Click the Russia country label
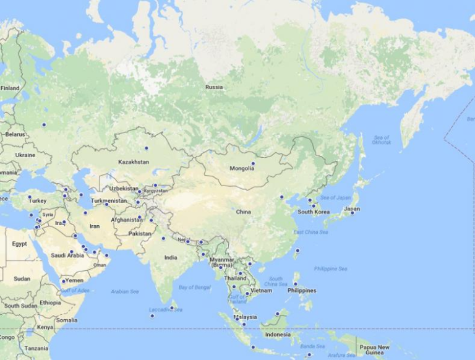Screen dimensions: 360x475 (x=214, y=87)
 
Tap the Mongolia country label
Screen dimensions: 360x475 (x=241, y=168)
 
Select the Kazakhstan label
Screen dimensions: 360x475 (x=134, y=162)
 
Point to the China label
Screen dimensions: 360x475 (x=243, y=212)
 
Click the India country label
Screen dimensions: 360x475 (x=171, y=257)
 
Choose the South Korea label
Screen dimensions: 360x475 (x=313, y=212)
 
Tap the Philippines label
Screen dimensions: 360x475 (x=302, y=291)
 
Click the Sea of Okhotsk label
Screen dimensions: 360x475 (x=381, y=140)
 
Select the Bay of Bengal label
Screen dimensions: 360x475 (x=194, y=287)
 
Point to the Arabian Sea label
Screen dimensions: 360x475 (x=124, y=291)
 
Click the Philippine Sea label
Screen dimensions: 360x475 (x=330, y=268)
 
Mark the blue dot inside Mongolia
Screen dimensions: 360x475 (x=253, y=163)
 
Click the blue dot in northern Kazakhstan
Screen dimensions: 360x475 (x=147, y=148)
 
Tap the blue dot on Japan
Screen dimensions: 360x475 (x=353, y=213)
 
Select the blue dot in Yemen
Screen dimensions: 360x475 (x=63, y=281)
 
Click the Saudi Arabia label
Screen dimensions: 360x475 (x=67, y=255)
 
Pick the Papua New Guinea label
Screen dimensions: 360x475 (x=375, y=349)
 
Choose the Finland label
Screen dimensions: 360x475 (x=10, y=88)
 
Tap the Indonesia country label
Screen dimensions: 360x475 (x=278, y=335)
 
